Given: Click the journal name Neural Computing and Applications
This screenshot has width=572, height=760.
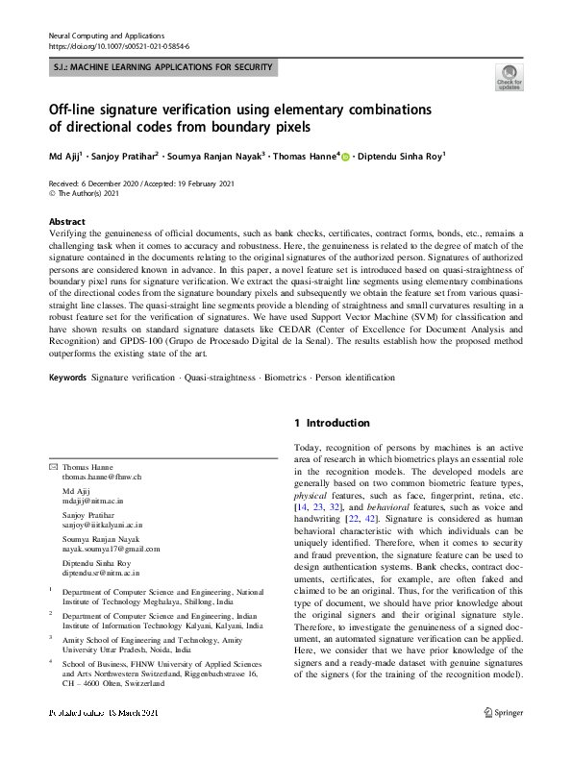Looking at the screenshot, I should click(x=108, y=34).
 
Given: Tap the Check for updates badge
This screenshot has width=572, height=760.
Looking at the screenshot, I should click(x=509, y=76).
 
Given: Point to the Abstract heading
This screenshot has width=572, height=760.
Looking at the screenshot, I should click(x=66, y=220).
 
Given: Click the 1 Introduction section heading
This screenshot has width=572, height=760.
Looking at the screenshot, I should click(x=331, y=423).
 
